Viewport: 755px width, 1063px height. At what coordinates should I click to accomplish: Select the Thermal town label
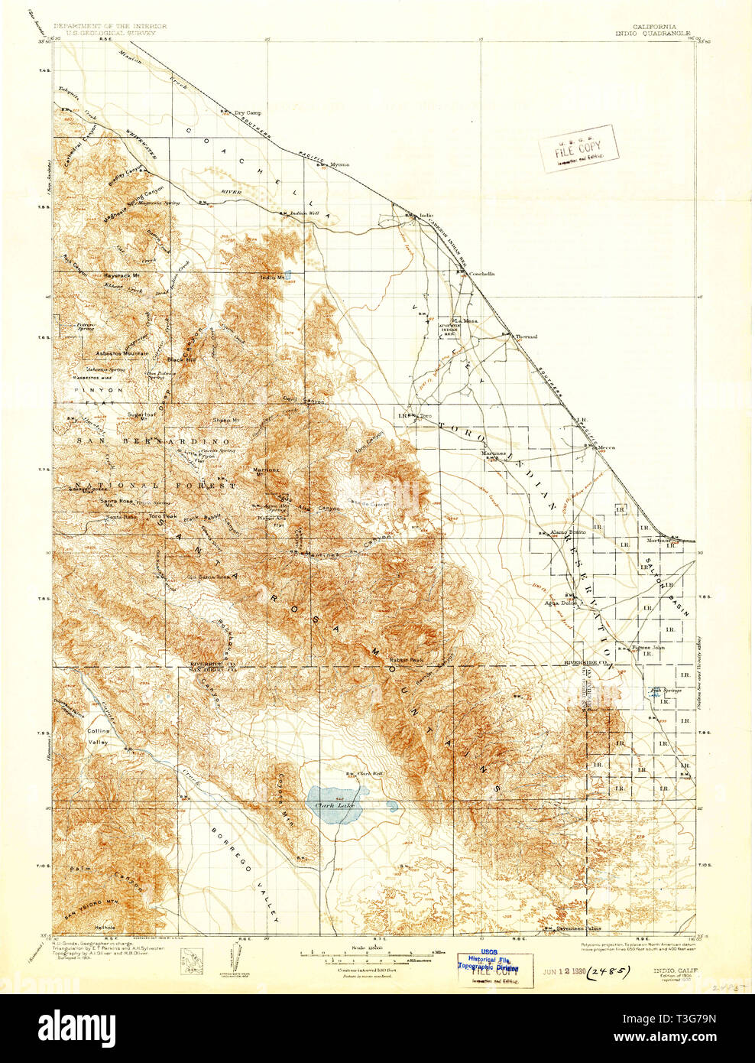(x=526, y=336)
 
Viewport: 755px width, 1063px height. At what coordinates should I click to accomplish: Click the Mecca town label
(x=607, y=448)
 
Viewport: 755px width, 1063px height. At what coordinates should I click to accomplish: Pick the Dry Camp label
(x=248, y=112)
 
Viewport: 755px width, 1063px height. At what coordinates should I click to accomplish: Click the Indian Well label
(x=304, y=213)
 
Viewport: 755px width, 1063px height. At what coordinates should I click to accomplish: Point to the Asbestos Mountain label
(x=122, y=353)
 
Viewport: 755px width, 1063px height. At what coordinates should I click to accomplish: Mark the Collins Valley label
(x=98, y=736)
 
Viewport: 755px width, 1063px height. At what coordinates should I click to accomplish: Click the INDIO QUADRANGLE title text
(x=654, y=34)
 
